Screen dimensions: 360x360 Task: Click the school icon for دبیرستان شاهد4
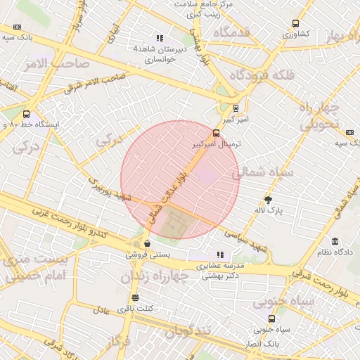160,38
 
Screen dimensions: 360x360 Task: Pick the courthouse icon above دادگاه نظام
335,240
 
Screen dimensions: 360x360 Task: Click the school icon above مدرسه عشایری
221,255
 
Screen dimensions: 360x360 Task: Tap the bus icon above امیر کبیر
236,108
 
